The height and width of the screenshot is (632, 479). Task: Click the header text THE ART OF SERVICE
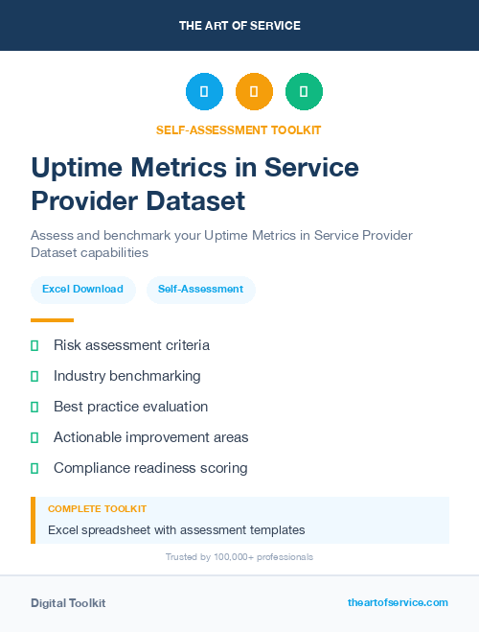coord(239,26)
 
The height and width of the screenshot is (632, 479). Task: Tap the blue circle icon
coord(204,92)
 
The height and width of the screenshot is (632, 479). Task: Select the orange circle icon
coord(254,92)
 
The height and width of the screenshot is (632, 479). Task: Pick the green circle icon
coord(304,92)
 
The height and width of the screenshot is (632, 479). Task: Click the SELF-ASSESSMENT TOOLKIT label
coord(239,129)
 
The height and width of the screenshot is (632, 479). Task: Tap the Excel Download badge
coord(82,289)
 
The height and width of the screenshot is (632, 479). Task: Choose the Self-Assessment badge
coord(200,289)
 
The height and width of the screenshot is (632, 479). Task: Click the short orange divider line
coord(52,320)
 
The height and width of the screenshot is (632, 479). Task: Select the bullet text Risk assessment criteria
coord(131,345)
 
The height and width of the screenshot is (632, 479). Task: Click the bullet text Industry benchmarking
coord(127,376)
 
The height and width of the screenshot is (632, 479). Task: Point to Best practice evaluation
coord(130,407)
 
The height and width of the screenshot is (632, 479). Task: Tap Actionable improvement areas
coord(150,437)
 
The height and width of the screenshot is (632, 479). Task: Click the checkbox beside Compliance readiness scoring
coord(34,468)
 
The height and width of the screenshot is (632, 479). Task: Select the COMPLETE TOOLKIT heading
coord(97,509)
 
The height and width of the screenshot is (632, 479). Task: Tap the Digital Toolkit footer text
coord(68,603)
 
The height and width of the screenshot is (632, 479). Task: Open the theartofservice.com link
coord(398,602)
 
